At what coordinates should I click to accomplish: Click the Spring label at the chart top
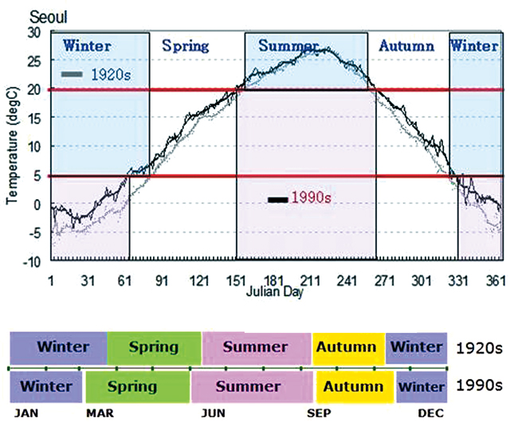click(185, 46)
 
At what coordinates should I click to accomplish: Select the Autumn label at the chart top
click(406, 46)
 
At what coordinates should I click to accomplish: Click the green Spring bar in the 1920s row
click(154, 348)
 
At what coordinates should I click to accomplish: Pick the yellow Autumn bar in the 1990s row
click(355, 387)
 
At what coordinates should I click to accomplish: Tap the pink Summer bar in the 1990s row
click(251, 387)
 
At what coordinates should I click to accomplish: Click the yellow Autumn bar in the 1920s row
click(348, 348)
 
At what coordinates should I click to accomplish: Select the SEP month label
click(320, 415)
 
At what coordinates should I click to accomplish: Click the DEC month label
click(430, 415)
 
